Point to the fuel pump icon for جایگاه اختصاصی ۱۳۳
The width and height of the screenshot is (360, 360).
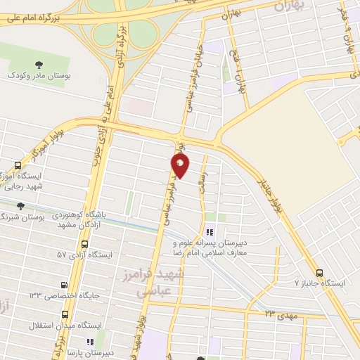(x=65, y=285)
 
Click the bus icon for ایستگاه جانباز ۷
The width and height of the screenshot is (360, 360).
(x=320, y=273)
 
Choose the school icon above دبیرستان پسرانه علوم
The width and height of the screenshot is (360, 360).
(x=209, y=233)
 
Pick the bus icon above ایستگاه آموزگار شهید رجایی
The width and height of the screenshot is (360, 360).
(x=18, y=165)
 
